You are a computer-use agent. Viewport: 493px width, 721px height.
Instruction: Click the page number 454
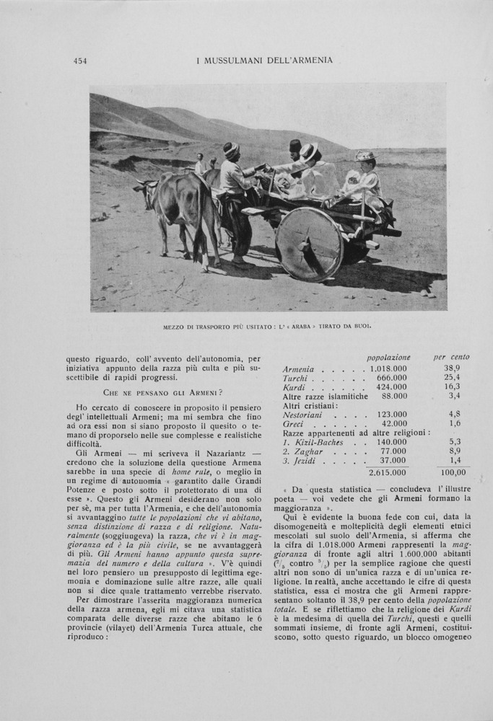[80, 61]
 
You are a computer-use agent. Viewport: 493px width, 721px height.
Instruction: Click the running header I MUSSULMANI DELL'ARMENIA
[264, 61]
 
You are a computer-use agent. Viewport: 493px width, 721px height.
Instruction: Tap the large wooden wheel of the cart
[310, 244]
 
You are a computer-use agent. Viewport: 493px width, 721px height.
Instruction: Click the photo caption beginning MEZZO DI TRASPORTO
[267, 326]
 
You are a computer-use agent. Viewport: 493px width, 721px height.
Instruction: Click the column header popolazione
[388, 357]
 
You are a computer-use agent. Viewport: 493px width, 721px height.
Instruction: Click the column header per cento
[450, 357]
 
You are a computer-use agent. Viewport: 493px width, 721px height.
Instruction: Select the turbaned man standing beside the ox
[235, 195]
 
